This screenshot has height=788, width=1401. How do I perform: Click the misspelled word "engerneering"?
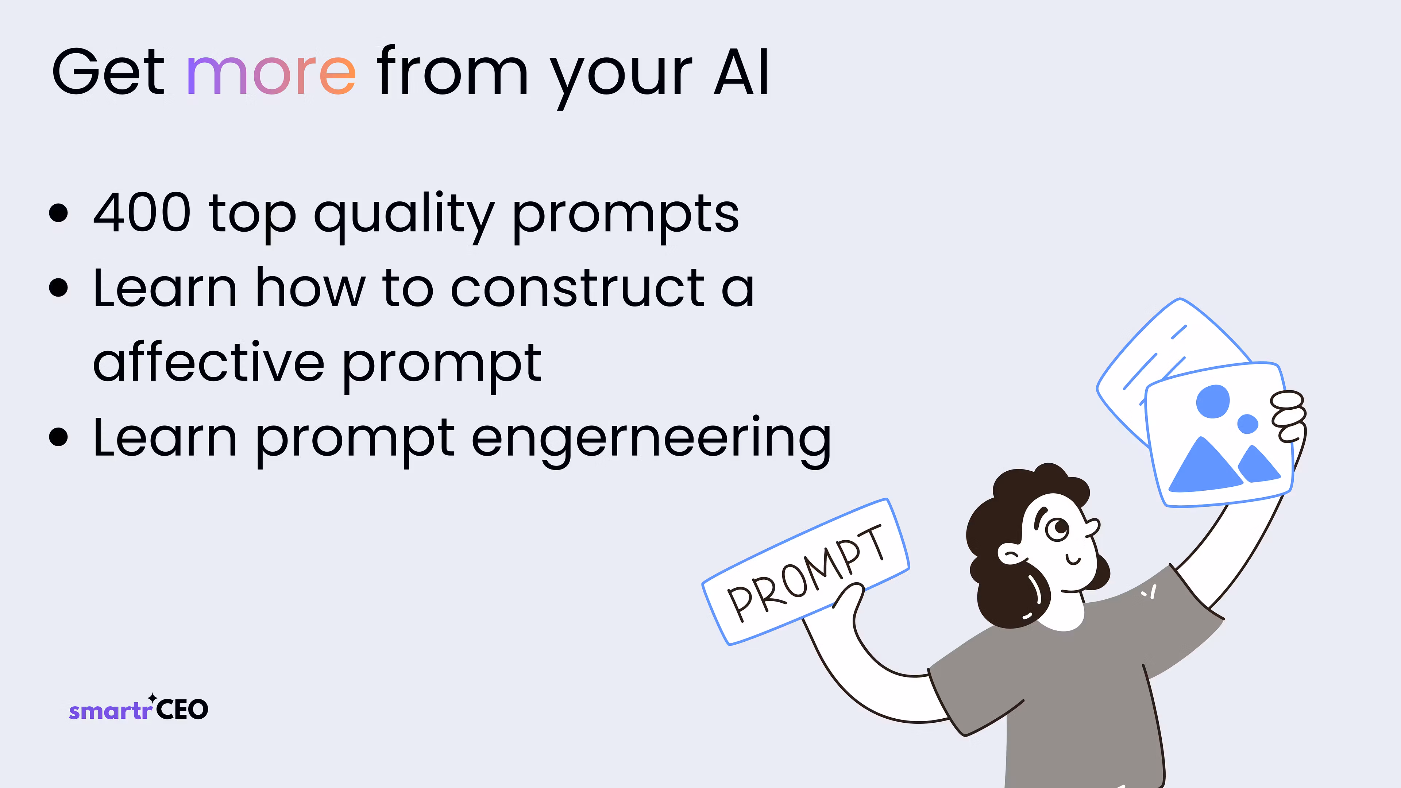651,440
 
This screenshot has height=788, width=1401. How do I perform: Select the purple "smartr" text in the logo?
111,711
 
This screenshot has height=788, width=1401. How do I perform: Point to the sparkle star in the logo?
153,698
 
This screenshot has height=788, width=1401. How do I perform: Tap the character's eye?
1058,529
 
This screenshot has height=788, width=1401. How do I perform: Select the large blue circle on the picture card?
1213,401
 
